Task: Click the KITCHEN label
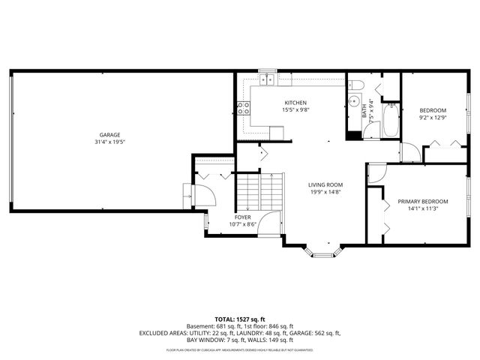[x=294, y=103]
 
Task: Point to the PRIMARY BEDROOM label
[x=423, y=202]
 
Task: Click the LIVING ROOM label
[x=325, y=184]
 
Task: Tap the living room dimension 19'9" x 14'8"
[x=325, y=192]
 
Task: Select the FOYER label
[x=242, y=217]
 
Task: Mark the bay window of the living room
[x=323, y=251]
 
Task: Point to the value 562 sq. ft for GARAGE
[x=328, y=333]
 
